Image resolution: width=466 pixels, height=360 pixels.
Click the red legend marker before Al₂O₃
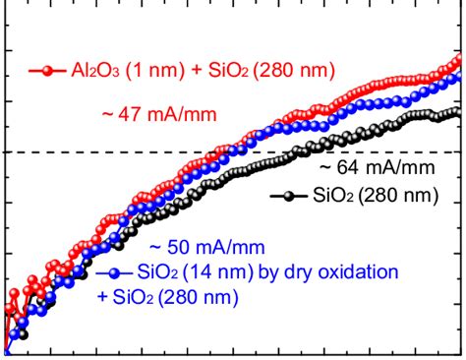46,70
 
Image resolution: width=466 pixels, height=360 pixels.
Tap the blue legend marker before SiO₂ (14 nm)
116,272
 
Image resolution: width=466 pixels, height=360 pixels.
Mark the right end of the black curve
458,112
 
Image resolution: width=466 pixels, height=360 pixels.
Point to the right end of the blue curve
460,73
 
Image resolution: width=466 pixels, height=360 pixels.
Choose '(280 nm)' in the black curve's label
397,196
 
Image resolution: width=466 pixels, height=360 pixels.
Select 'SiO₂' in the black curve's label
330,196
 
